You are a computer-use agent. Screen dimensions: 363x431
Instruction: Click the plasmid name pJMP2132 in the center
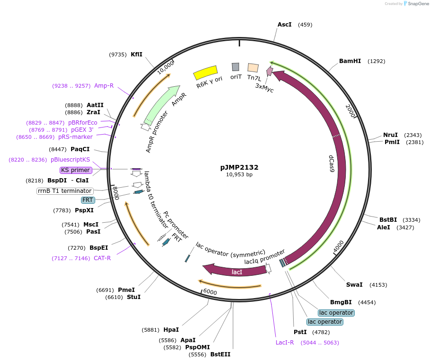[x=239, y=167]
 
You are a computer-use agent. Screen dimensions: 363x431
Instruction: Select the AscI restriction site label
[x=284, y=25]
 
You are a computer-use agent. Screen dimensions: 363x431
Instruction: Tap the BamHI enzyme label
[x=350, y=61]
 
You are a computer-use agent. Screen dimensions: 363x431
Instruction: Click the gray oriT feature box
[x=235, y=67]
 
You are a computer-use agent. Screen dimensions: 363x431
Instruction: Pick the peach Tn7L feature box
[x=253, y=68]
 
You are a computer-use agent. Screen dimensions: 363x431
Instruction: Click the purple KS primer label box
[x=76, y=170]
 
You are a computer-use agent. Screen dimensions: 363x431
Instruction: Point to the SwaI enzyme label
[x=354, y=285]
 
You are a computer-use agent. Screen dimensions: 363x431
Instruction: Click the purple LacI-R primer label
[x=285, y=343]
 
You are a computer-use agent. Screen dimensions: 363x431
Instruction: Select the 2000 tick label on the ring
[x=351, y=112]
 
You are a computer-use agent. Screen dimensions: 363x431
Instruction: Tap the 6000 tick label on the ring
[x=210, y=292]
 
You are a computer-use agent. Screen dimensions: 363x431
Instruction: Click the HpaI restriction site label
[x=171, y=330]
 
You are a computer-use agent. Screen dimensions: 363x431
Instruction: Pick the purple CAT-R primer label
[x=102, y=258]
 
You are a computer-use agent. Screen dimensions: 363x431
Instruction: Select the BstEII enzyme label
[x=220, y=354]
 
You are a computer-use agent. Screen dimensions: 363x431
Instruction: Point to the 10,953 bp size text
[x=239, y=175]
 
